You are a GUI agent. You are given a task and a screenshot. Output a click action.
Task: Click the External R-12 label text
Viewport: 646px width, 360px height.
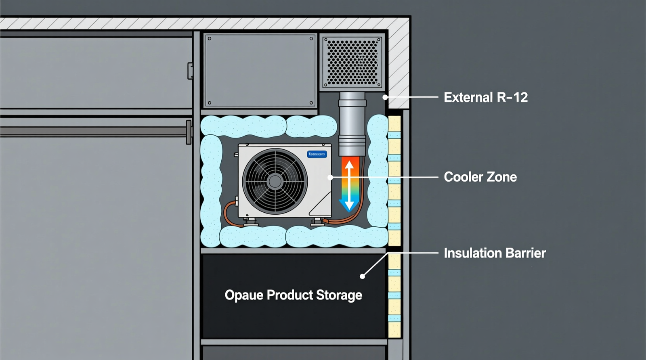pyautogui.click(x=486, y=97)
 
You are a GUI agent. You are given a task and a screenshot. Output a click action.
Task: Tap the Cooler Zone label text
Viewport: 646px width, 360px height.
pyautogui.click(x=480, y=177)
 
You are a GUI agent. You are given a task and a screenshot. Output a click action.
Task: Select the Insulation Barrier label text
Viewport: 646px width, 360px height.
pyautogui.click(x=495, y=253)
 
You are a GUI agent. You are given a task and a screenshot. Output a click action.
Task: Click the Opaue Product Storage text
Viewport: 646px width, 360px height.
pyautogui.click(x=293, y=295)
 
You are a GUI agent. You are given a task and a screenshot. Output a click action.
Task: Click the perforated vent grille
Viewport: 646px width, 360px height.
pyautogui.click(x=352, y=62)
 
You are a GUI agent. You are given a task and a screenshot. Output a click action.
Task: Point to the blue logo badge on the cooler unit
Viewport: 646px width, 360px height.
pyautogui.click(x=317, y=154)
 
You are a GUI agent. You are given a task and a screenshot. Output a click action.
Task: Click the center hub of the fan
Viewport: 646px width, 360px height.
pyautogui.click(x=275, y=182)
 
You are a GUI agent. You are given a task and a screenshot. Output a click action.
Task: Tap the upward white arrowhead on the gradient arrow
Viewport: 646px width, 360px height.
pyautogui.click(x=349, y=164)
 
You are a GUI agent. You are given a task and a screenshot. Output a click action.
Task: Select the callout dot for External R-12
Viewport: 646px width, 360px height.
pyautogui.click(x=386, y=97)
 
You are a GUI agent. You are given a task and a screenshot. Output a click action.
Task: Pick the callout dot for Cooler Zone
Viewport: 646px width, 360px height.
pyautogui.click(x=330, y=177)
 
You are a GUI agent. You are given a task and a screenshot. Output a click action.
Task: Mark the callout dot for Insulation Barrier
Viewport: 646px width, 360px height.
pyautogui.click(x=363, y=276)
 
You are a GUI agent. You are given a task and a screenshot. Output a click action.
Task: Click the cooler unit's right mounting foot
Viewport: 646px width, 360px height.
pyautogui.click(x=317, y=221)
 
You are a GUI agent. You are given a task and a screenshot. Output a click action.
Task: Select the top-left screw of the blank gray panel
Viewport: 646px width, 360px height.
pyautogui.click(x=209, y=39)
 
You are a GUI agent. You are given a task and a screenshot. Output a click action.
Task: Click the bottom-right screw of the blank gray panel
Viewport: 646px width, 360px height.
pyautogui.click(x=311, y=103)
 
